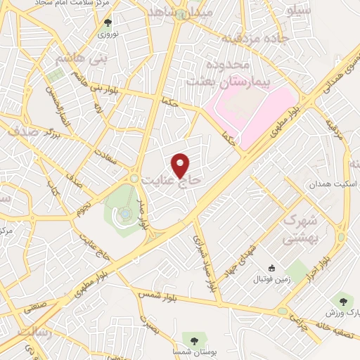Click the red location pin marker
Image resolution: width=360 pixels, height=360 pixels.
pyautogui.click(x=181, y=165)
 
